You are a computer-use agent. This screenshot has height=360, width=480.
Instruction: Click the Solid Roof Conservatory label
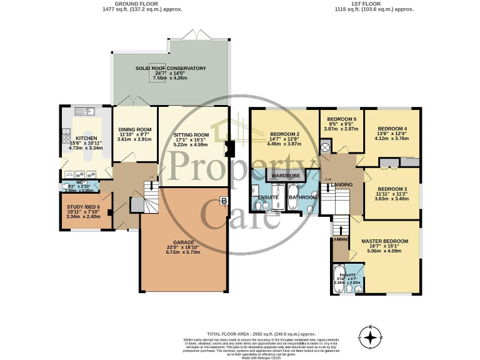pyautogui.click(x=171, y=68)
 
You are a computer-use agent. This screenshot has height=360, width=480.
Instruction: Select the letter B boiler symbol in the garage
pyautogui.click(x=223, y=201)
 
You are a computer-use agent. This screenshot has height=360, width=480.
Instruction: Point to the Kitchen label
pyautogui.click(x=85, y=138)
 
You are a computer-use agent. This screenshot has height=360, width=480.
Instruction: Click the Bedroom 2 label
pyautogui.click(x=285, y=134)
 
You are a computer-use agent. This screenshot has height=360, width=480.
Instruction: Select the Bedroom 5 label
pyautogui.click(x=341, y=119)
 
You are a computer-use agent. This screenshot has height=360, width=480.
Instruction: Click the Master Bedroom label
pyautogui.click(x=384, y=241)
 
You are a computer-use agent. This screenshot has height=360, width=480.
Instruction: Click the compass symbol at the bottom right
pyautogui.click(x=371, y=337)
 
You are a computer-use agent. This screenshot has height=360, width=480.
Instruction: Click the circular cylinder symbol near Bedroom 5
pyautogui.click(x=325, y=148)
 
